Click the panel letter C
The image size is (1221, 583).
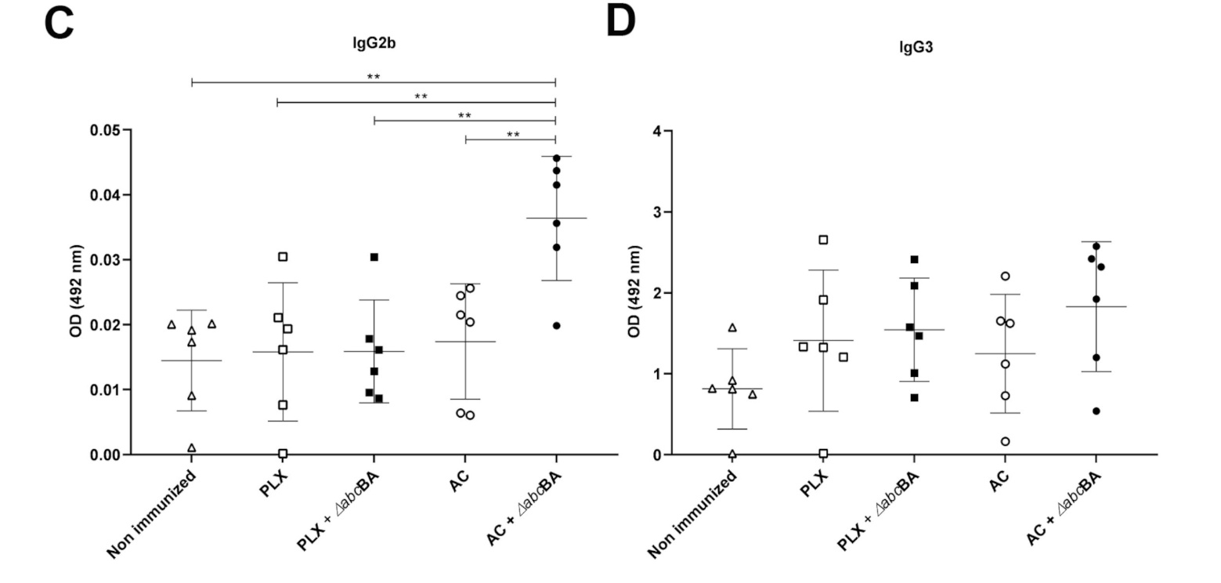[59, 24]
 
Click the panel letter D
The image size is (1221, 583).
[620, 22]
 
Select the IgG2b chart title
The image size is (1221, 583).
[374, 44]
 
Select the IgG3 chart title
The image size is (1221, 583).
[915, 47]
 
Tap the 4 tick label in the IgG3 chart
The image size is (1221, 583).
[657, 131]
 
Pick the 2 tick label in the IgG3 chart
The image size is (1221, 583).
[657, 293]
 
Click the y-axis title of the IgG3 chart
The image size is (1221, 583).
[635, 292]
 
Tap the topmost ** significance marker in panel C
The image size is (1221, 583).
[374, 77]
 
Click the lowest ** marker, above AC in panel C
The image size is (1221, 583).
[513, 135]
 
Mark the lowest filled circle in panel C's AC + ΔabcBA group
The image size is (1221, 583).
[557, 325]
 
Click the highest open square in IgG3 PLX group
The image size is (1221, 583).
[823, 240]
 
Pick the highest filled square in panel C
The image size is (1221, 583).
[374, 257]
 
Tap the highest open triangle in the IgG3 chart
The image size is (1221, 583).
[732, 328]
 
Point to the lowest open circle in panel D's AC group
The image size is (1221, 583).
[1005, 441]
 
